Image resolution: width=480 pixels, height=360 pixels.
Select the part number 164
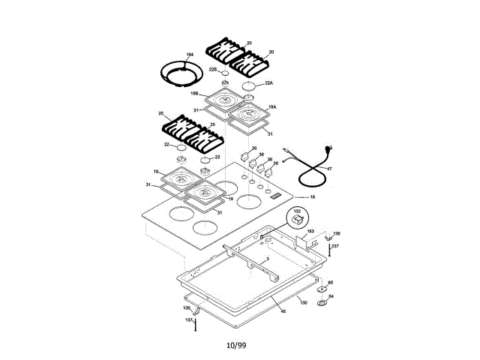pyautogui.click(x=190, y=55)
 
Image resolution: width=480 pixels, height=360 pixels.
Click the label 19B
pyautogui.click(x=194, y=94)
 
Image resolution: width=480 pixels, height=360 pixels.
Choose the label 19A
pyautogui.click(x=272, y=107)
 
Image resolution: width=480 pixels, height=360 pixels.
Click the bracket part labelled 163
pyautogui.click(x=310, y=232)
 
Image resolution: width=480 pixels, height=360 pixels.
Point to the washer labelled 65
pyautogui.click(x=330, y=283)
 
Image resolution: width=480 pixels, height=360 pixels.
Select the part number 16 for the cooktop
pyautogui.click(x=312, y=196)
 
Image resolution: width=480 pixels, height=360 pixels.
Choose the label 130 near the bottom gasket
pyautogui.click(x=304, y=302)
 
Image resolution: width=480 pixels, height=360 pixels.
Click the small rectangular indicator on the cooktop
pyautogui.click(x=276, y=196)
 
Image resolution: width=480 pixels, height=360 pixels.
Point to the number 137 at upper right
pyautogui.click(x=335, y=246)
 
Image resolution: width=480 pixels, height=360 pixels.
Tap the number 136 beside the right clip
pyautogui.click(x=337, y=233)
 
